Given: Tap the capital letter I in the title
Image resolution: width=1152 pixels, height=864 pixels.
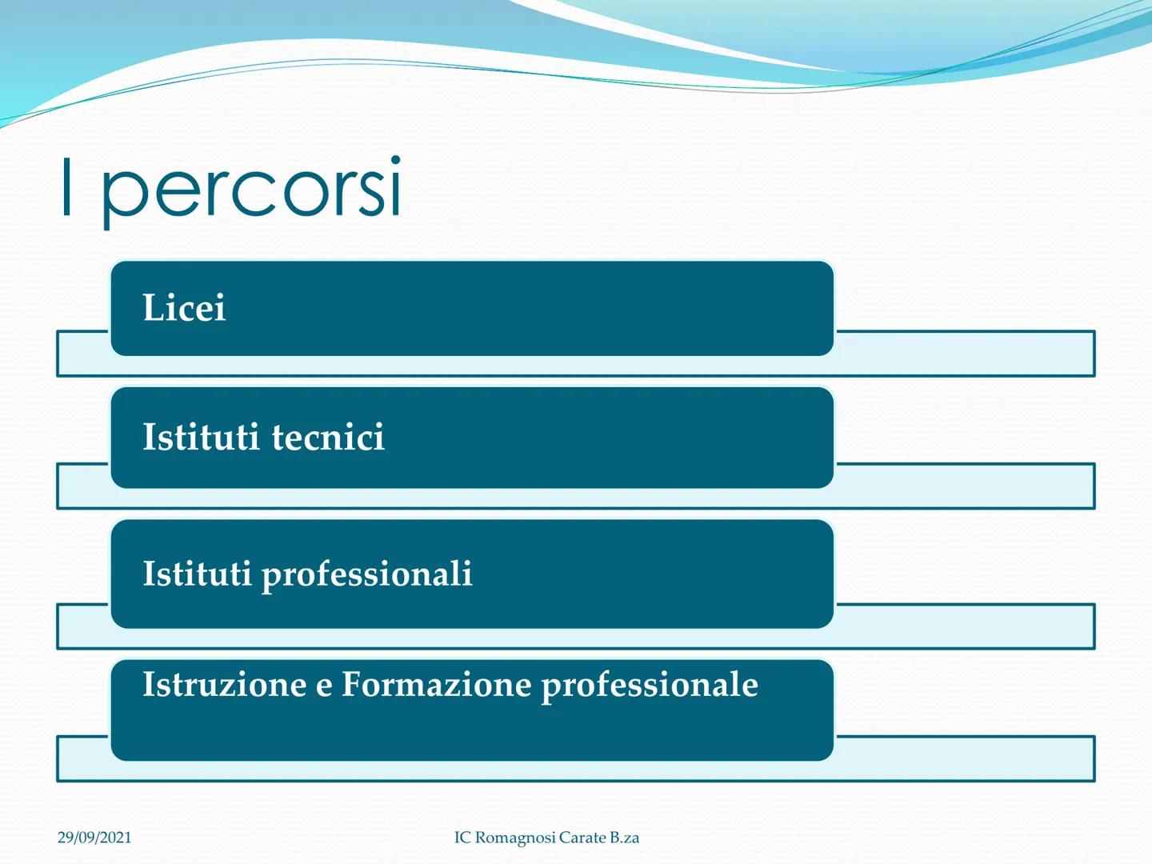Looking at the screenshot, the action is click(x=66, y=186).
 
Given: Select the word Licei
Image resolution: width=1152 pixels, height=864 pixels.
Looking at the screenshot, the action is click(x=184, y=307).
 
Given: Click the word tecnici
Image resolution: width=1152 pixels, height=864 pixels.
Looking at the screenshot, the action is click(x=329, y=437).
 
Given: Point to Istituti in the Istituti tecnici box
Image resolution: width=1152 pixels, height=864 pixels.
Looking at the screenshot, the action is click(x=201, y=437).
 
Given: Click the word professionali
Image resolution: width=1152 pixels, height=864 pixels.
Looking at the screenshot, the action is click(x=367, y=574).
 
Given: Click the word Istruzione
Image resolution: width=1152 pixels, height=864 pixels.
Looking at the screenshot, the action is click(x=225, y=684).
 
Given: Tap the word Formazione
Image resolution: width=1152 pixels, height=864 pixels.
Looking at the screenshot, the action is click(x=437, y=684).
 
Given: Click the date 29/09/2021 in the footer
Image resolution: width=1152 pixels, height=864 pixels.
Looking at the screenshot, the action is click(x=94, y=838).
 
